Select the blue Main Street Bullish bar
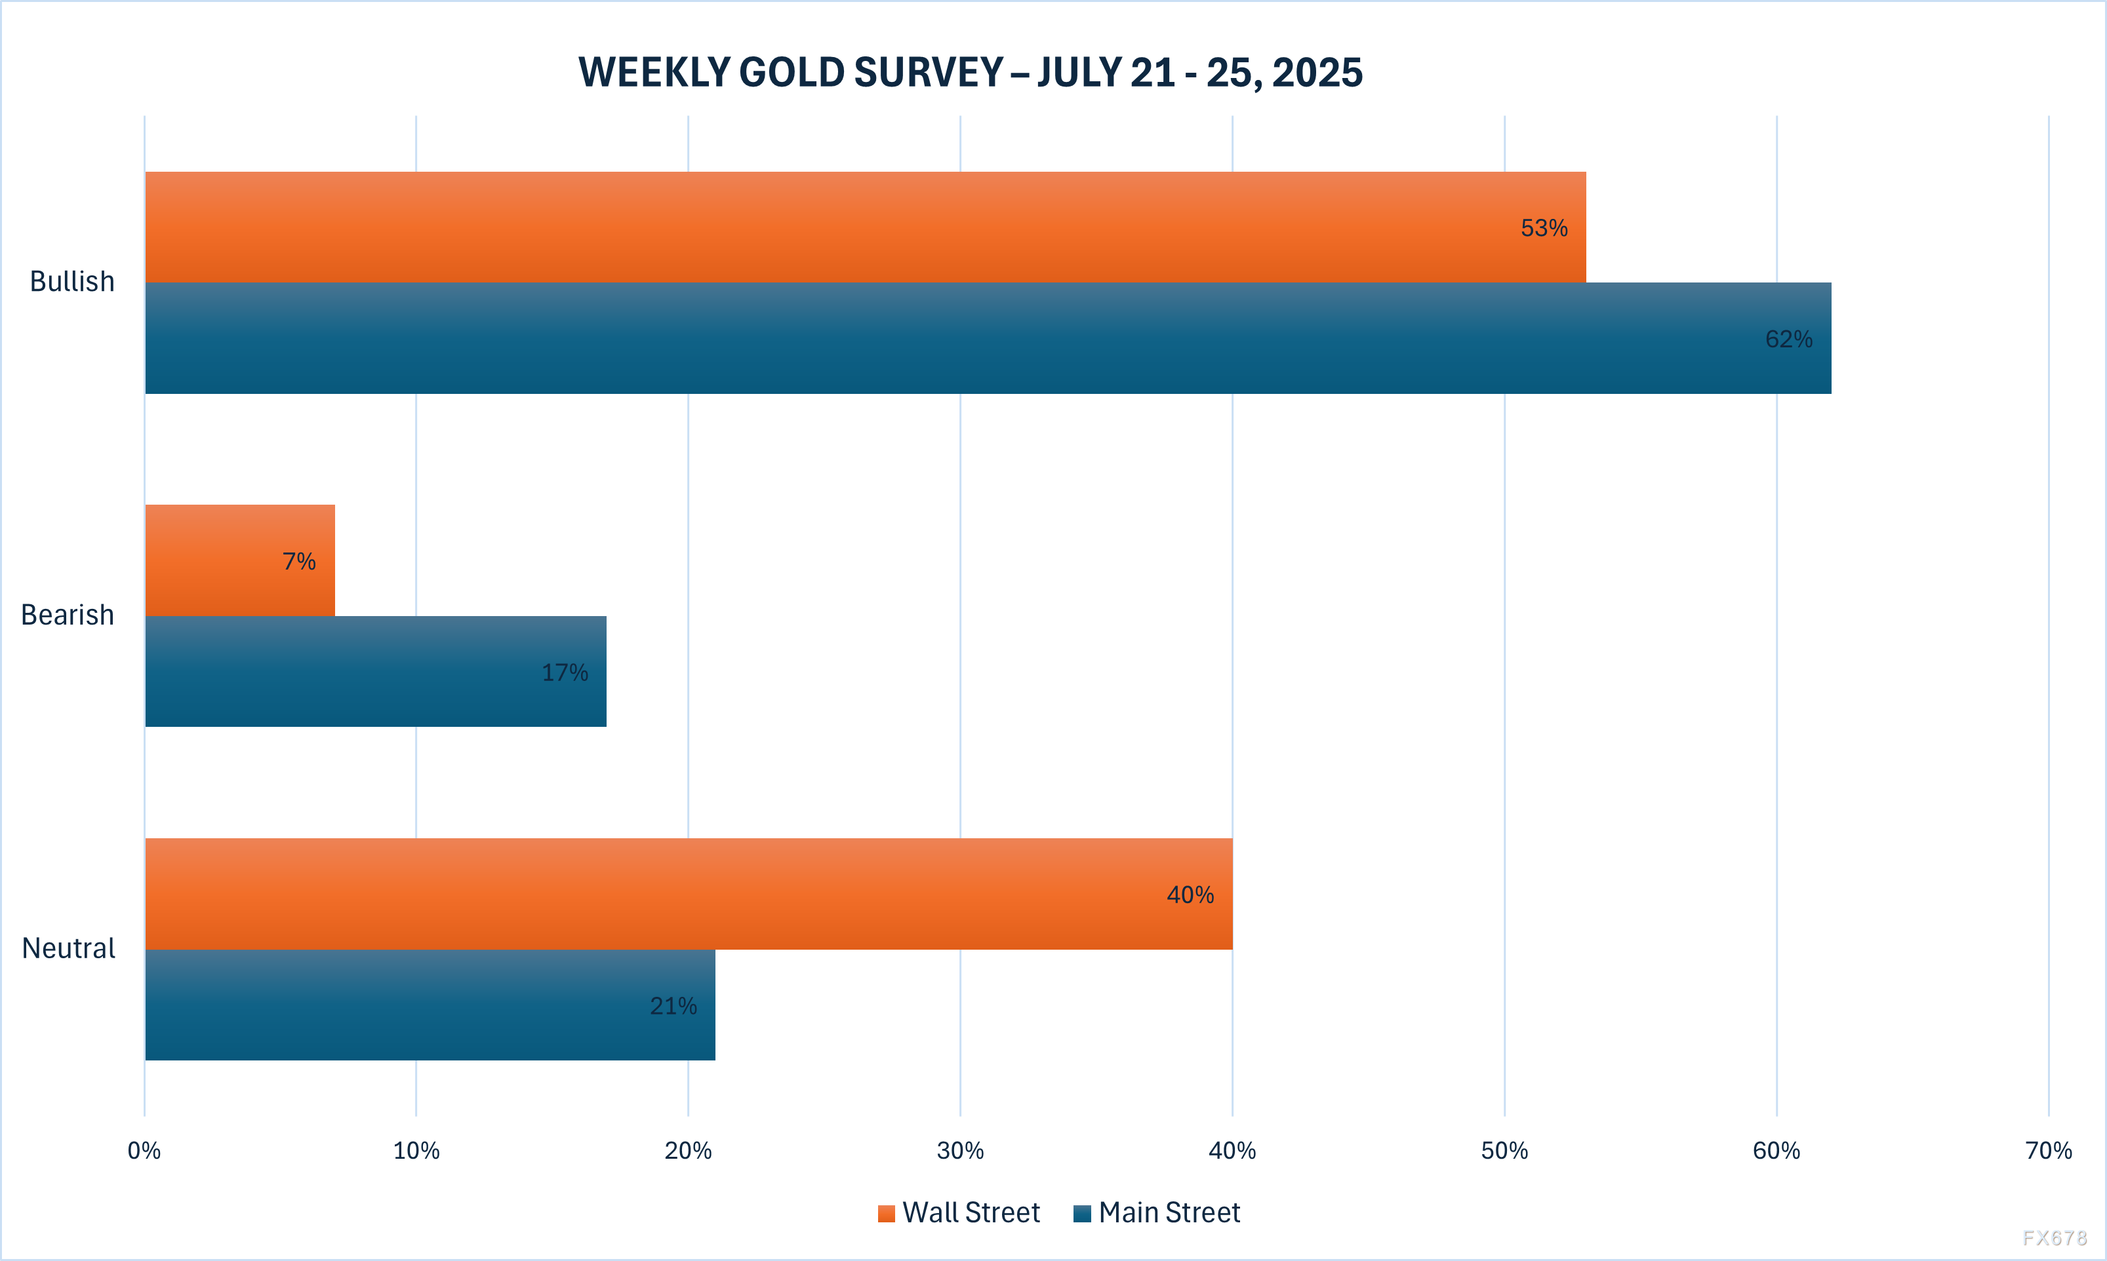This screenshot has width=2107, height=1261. [x=935, y=338]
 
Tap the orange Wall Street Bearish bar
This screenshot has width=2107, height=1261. [x=221, y=561]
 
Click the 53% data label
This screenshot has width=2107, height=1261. [x=1544, y=227]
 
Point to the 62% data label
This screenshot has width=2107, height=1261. [x=1788, y=339]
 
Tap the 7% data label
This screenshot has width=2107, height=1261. [x=299, y=561]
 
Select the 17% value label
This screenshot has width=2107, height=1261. [x=565, y=672]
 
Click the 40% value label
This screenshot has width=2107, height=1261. [x=1190, y=895]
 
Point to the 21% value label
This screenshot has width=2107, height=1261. [x=673, y=1006]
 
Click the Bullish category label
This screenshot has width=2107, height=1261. [x=72, y=281]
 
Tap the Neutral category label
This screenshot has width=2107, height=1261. [x=68, y=948]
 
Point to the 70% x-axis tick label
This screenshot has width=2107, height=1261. [x=2049, y=1150]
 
